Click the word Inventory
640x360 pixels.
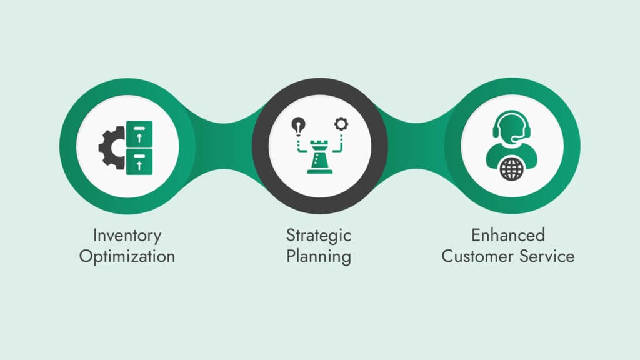point(127,236)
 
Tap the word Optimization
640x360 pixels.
point(127,256)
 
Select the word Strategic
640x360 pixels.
point(319,236)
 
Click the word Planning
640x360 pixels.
point(319,256)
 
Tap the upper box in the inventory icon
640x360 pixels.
point(139,133)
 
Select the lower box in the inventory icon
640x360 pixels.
point(139,161)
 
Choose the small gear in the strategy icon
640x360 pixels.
point(341,124)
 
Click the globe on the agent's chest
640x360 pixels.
point(511,169)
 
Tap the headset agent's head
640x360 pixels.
point(511,129)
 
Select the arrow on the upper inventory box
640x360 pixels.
point(139,136)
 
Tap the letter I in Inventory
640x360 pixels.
point(95,236)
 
